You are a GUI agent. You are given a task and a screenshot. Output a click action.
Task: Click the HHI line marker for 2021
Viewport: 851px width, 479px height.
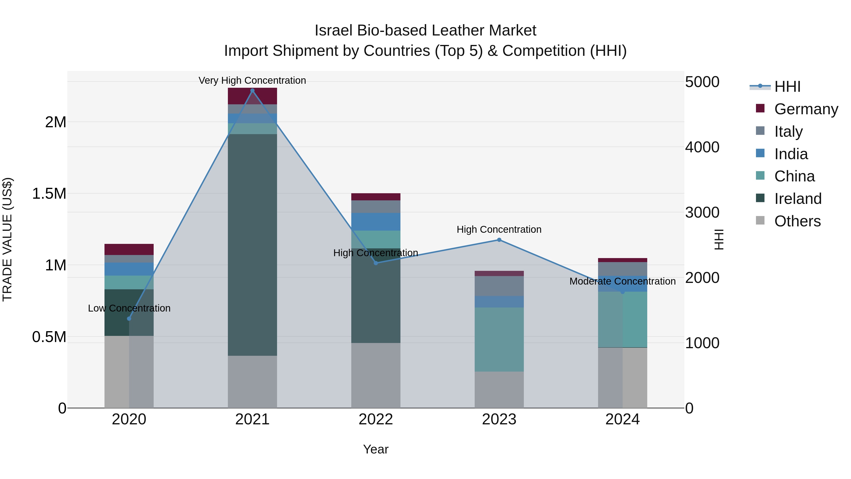252,91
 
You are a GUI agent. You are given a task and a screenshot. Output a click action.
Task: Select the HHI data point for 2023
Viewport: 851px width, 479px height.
499,240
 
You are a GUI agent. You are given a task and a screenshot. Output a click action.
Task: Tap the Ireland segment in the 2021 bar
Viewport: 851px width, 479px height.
252,245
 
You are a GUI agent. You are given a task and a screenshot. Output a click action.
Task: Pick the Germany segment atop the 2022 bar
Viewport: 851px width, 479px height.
376,197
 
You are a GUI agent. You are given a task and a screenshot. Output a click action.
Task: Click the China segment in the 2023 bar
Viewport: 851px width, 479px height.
499,339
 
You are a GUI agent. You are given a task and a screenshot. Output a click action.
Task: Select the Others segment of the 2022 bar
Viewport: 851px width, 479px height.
376,375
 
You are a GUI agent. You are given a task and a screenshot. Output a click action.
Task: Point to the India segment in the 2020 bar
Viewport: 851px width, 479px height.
129,269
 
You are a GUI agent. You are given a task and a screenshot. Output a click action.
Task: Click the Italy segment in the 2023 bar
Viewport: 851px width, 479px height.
499,286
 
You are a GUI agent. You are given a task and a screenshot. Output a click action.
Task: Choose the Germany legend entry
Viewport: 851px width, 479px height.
806,109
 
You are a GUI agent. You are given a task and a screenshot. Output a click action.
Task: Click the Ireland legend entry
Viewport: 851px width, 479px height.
798,199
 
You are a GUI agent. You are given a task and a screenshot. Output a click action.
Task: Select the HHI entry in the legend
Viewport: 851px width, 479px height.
787,87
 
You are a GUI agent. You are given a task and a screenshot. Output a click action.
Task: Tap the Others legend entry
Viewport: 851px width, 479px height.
797,221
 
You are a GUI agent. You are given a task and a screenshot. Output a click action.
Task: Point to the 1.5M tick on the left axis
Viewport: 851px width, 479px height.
49,194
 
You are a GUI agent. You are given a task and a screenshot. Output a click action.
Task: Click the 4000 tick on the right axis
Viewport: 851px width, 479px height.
702,147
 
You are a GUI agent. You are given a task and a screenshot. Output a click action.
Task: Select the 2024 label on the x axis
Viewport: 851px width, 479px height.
622,419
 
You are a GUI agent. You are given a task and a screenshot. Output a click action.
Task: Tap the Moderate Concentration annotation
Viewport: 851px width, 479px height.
622,281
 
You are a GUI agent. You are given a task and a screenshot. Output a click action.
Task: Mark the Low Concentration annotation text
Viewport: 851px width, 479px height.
129,308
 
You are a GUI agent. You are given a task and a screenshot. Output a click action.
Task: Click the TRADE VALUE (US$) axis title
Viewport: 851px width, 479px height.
7,239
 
